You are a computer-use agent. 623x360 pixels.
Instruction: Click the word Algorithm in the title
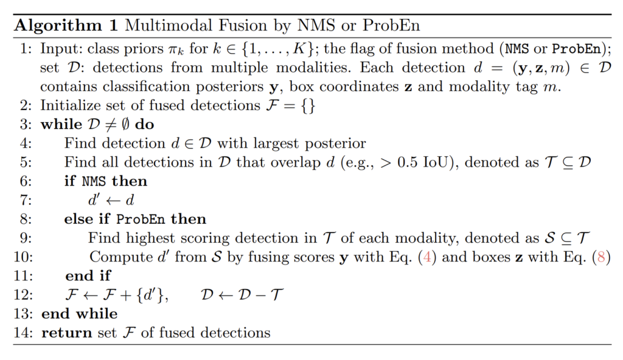tap(58, 26)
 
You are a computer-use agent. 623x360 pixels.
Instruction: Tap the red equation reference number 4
tap(427, 257)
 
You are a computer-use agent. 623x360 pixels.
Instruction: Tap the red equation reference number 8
tap(601, 257)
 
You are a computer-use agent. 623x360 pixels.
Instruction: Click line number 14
tap(23, 333)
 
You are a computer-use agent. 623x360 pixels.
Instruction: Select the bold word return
tap(66, 333)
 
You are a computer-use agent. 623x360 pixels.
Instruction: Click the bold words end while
tap(80, 314)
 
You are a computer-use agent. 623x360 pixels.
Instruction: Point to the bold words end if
tap(88, 275)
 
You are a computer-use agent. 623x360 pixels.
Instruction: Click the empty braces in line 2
tap(308, 106)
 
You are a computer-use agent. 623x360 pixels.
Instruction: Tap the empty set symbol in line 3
tap(125, 125)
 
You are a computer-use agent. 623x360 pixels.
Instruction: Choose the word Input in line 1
tap(60, 49)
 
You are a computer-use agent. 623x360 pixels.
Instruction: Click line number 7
tap(26, 200)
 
